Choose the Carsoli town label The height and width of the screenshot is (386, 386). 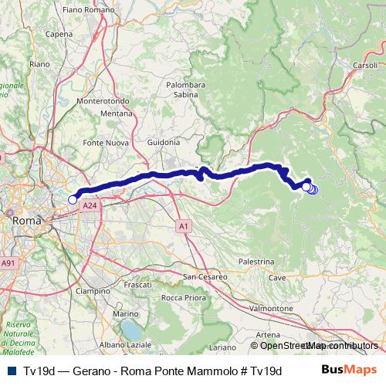[x=364, y=65]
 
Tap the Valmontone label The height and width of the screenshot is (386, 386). [x=269, y=308]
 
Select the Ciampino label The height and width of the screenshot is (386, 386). [x=92, y=291]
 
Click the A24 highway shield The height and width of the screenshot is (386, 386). [x=90, y=206]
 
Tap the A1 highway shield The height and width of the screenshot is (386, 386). [x=183, y=226]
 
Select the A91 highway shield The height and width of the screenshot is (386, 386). [x=8, y=263]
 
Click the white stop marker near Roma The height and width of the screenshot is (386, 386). [x=73, y=199]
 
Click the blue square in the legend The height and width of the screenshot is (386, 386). [x=10, y=370]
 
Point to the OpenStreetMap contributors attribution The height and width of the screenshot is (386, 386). [x=313, y=345]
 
